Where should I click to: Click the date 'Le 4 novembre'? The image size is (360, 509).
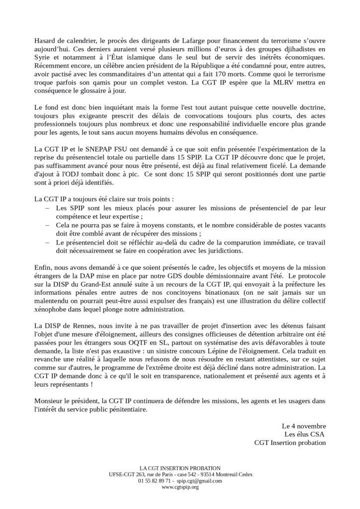coord(303,426)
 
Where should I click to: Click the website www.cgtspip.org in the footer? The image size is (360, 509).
coord(180,487)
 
